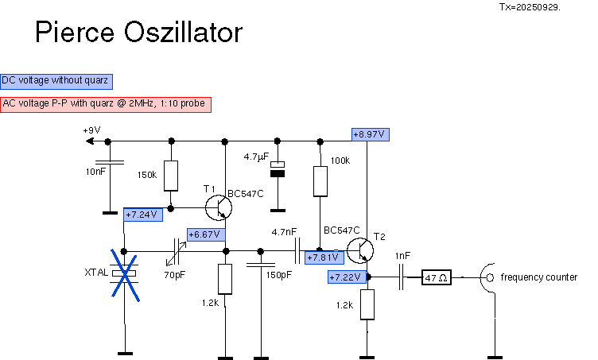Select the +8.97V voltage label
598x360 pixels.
click(x=371, y=134)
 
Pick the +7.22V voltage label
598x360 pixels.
click(x=347, y=277)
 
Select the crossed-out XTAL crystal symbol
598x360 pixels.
click(x=125, y=273)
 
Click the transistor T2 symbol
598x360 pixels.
click(x=360, y=250)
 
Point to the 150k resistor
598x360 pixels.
click(x=170, y=176)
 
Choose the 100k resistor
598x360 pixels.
click(x=320, y=181)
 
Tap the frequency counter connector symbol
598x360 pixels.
click(x=491, y=277)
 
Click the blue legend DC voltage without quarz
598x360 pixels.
click(x=56, y=80)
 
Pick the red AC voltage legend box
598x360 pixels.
click(x=106, y=104)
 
